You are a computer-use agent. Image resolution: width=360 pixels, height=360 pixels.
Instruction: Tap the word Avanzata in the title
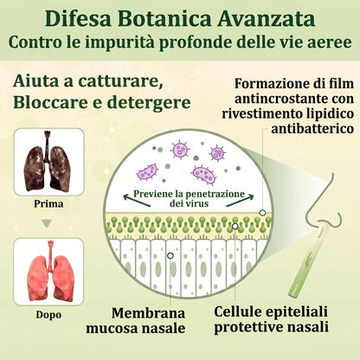[x=266, y=19]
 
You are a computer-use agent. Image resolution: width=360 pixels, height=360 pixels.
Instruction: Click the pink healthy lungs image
[x=48, y=272]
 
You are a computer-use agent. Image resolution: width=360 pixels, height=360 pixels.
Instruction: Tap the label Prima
[x=48, y=204]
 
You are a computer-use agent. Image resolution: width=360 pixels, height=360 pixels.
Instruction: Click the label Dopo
[x=48, y=315]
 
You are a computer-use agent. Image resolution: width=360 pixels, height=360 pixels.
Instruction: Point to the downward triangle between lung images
[x=47, y=223]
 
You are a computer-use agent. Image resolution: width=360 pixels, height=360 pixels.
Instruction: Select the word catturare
[x=119, y=81]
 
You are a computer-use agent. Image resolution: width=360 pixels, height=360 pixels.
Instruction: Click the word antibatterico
[x=312, y=128]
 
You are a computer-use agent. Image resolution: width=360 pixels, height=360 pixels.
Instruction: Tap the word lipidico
[x=326, y=113]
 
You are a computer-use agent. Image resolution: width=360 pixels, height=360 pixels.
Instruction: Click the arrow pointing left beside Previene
[x=137, y=201]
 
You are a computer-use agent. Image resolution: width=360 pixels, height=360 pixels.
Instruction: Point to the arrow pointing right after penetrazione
[x=241, y=201]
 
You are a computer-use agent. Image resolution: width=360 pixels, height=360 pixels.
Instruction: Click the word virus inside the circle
[x=197, y=203]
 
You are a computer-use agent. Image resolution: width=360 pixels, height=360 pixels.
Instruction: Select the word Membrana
[x=148, y=313]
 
